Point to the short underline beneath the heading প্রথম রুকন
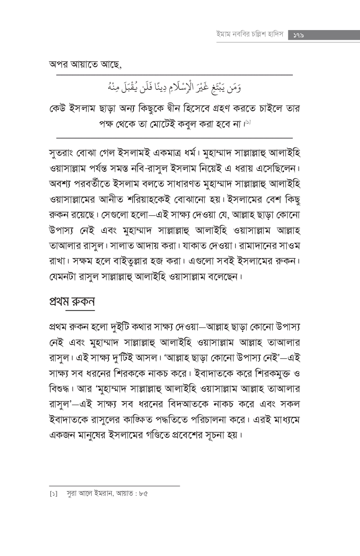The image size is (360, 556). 80,310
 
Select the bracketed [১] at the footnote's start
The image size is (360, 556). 53,494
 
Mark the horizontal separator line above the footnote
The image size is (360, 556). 114,486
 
